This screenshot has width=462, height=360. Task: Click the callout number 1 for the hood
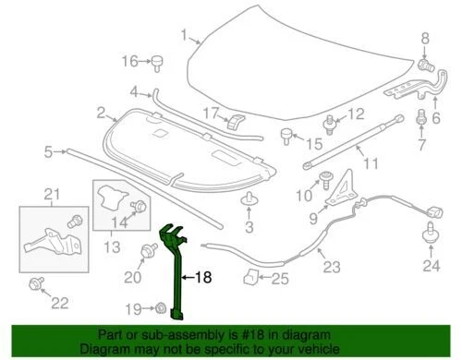184,38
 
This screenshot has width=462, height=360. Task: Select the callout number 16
130,62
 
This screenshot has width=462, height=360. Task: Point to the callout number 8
426,37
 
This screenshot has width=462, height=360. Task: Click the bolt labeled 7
422,118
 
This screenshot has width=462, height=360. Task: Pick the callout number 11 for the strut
371,164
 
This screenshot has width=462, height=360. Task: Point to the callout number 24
428,268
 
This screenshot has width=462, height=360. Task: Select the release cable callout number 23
331,269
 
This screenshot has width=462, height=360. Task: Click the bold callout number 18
202,275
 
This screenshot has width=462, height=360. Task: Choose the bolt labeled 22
36,282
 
